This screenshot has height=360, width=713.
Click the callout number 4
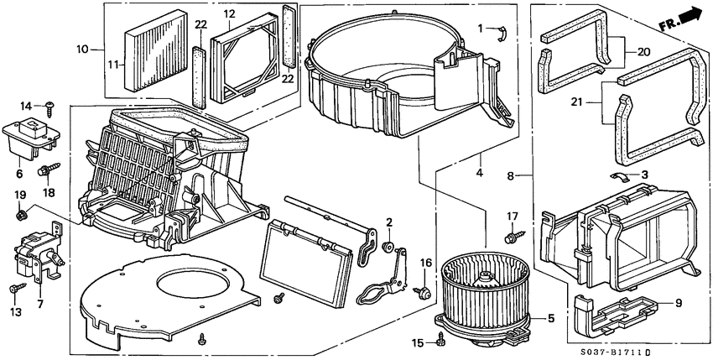point(479,173)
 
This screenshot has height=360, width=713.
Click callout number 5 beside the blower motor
point(550,319)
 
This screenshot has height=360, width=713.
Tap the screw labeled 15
point(441,340)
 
